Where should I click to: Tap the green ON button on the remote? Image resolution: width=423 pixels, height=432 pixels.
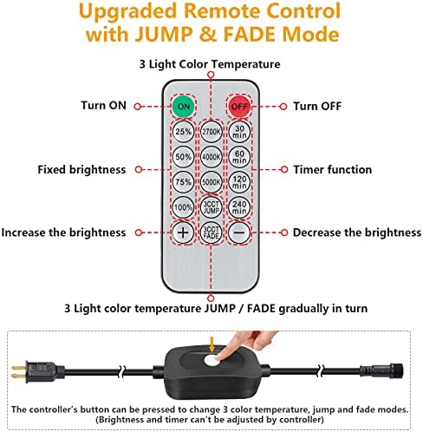[x=184, y=106]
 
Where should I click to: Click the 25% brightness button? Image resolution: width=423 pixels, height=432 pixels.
[x=183, y=132]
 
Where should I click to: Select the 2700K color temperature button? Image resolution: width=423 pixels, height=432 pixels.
[x=211, y=132]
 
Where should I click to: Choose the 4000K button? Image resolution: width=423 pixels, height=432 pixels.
[x=211, y=157]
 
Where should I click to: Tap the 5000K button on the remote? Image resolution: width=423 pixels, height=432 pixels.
[x=211, y=182]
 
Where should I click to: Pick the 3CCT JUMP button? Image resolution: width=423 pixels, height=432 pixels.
[x=211, y=207]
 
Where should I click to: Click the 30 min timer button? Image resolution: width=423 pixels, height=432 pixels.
[x=239, y=132]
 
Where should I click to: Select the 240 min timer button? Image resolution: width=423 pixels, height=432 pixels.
[x=239, y=207]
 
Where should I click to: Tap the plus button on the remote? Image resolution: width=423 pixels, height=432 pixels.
[x=183, y=232]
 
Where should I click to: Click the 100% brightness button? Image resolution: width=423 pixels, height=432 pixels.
[x=183, y=207]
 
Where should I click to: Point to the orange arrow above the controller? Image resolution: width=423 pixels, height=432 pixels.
[x=212, y=344]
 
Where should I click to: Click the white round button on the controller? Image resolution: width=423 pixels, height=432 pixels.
[x=211, y=361]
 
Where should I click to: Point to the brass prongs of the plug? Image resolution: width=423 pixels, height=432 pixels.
[x=19, y=372]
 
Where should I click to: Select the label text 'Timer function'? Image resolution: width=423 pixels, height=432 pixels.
[x=333, y=169]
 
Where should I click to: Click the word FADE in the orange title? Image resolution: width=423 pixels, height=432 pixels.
[x=250, y=35]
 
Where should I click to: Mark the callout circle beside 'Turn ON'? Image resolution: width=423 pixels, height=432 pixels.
[x=138, y=107]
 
